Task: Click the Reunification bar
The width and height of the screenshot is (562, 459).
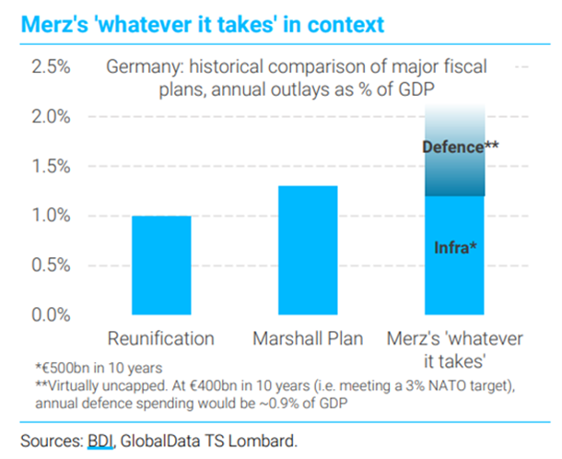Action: (161, 265)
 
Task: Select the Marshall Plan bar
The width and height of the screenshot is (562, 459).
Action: (308, 250)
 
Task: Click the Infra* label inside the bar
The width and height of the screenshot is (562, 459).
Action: (455, 247)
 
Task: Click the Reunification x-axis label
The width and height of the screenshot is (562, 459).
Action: (161, 338)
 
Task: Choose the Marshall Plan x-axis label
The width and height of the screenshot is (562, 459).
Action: (308, 338)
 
